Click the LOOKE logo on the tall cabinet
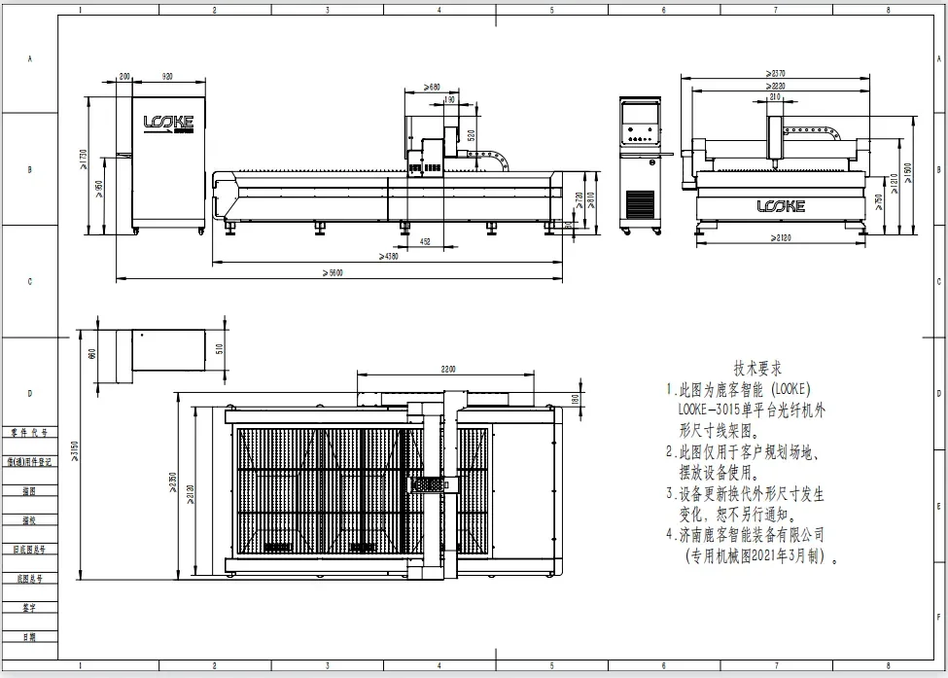168,123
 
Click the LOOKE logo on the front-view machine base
780,206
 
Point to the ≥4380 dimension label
388,257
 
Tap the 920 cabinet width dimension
167,76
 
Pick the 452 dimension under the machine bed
424,240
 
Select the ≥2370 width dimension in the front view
775,74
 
